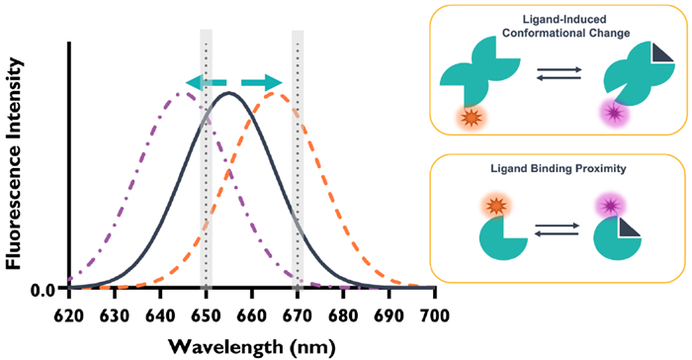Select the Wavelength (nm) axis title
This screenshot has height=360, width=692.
(x=251, y=345)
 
